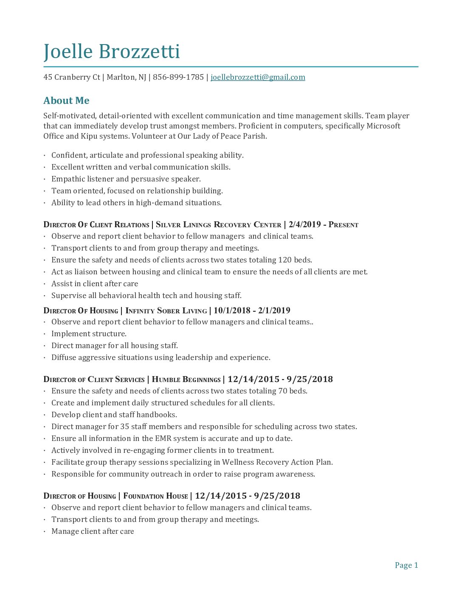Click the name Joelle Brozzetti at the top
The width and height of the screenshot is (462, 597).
pos(112,52)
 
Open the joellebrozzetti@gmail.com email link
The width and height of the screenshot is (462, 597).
pos(258,77)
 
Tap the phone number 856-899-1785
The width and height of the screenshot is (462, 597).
pos(178,77)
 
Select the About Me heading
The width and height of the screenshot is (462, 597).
pos(66,100)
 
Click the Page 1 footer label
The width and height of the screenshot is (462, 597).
pos(406,565)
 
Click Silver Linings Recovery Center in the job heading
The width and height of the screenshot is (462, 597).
pos(218,225)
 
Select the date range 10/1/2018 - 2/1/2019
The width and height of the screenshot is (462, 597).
pos(252,310)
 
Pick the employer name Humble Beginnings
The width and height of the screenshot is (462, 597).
pos(186,379)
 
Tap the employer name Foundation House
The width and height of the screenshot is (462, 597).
pos(155,496)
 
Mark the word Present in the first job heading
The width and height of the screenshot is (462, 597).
pos(344,225)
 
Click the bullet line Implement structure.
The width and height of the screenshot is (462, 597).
pos(89,334)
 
